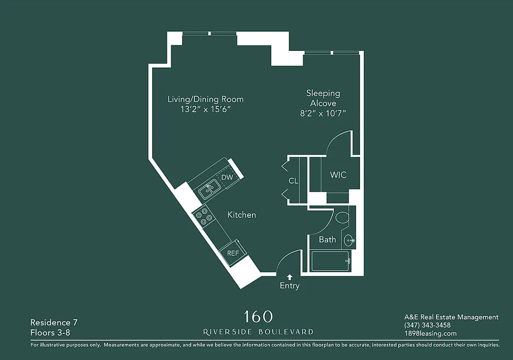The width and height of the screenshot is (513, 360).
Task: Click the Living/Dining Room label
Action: (x=205, y=99)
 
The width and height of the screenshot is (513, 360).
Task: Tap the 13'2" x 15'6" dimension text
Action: (x=205, y=109)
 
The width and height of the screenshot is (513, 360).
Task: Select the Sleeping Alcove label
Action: (x=323, y=98)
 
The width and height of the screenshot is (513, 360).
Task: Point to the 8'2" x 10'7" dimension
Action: (x=323, y=114)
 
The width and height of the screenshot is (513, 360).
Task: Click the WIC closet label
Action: (x=338, y=175)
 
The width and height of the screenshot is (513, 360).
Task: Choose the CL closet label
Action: (x=293, y=181)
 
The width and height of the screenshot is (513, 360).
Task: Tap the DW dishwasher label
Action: (x=227, y=177)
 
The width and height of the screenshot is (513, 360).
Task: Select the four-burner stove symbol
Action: (x=204, y=218)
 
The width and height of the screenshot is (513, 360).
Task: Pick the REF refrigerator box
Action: (x=233, y=253)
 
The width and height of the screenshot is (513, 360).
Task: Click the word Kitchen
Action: (x=242, y=215)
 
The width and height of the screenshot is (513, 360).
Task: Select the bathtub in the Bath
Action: (x=331, y=261)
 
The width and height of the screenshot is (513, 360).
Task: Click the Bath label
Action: (x=327, y=239)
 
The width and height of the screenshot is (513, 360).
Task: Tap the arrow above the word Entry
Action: (x=289, y=277)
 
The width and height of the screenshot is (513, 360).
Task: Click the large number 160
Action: (x=258, y=316)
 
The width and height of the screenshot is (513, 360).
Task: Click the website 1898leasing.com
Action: (x=431, y=333)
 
